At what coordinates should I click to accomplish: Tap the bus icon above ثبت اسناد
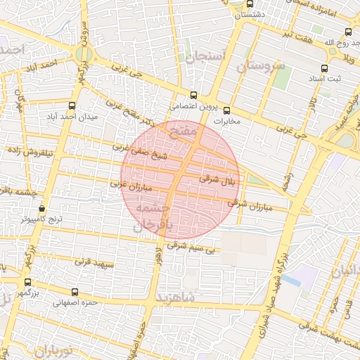click(x=324, y=68)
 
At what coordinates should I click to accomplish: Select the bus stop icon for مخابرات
click(x=226, y=110)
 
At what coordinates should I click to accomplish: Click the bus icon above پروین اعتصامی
click(x=194, y=96)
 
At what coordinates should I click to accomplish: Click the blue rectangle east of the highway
click(x=291, y=280)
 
